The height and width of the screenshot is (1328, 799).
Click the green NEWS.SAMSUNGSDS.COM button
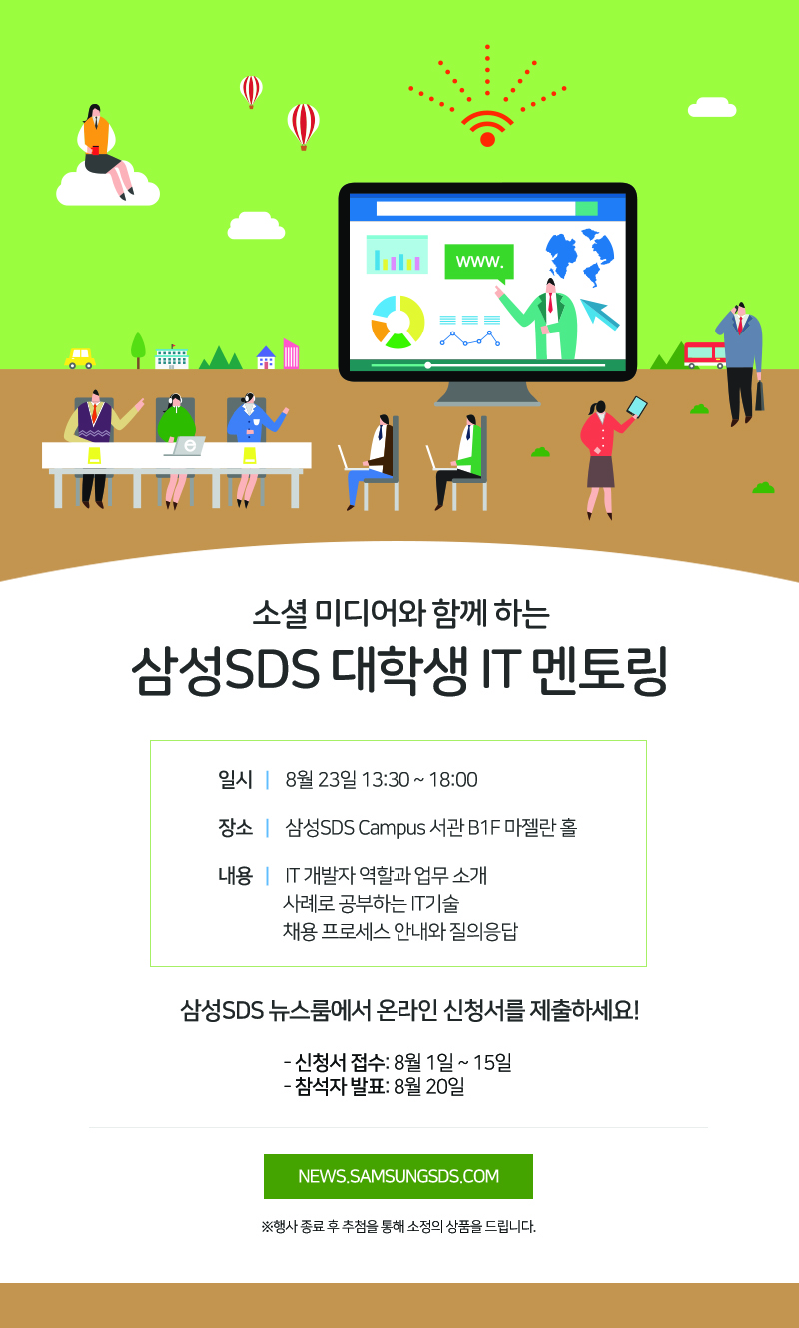coord(399,1176)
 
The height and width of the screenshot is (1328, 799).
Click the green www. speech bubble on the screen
coord(479,262)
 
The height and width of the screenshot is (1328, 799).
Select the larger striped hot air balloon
coord(303,126)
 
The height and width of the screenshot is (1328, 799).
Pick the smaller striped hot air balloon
coord(251,91)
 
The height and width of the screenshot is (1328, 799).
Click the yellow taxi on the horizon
coord(80,358)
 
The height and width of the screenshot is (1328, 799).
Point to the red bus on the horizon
coord(705,355)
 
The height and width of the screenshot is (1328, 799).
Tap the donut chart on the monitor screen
coord(399,322)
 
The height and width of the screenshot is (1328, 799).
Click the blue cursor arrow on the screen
coord(599,314)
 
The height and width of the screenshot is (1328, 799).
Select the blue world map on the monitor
coord(580,256)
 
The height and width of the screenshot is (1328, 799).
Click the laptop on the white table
coord(186,446)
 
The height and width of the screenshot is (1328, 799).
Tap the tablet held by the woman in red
coord(637,407)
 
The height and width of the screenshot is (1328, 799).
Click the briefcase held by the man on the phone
coord(759,396)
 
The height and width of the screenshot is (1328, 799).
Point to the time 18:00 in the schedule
coord(453,779)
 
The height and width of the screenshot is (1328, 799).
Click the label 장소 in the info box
coord(235,827)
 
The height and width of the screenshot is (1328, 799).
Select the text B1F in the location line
coord(484,827)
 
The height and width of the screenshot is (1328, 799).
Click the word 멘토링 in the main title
coord(599,669)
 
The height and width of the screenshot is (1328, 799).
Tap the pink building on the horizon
coord(291,353)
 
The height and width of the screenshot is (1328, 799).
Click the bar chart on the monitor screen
coord(397,254)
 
